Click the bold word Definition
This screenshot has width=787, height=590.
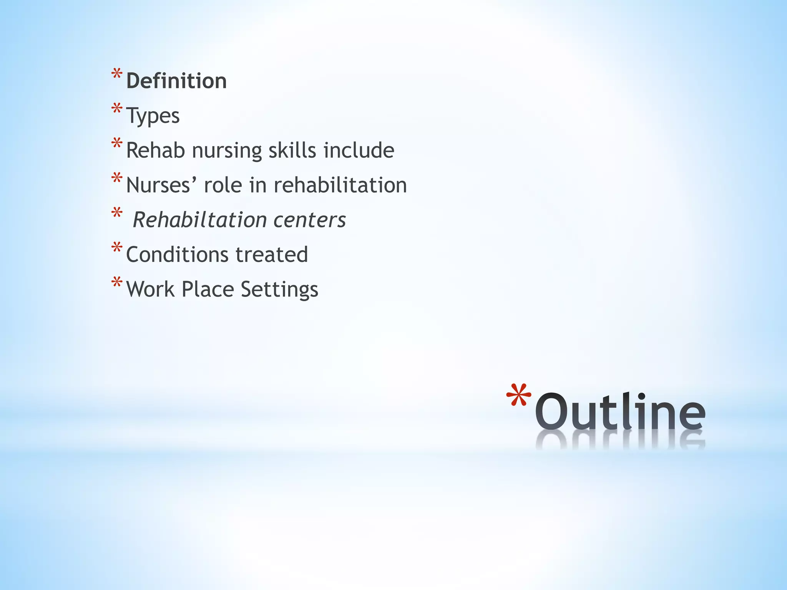176,81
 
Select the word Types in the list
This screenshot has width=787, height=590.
153,116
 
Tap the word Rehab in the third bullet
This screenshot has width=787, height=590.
156,150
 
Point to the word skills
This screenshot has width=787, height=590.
292,150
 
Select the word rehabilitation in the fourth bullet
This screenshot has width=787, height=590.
340,185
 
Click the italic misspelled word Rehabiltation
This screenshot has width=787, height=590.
200,220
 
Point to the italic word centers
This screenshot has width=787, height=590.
309,220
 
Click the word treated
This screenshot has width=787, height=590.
272,255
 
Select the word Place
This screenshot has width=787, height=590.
208,289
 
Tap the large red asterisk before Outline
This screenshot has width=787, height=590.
518,397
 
